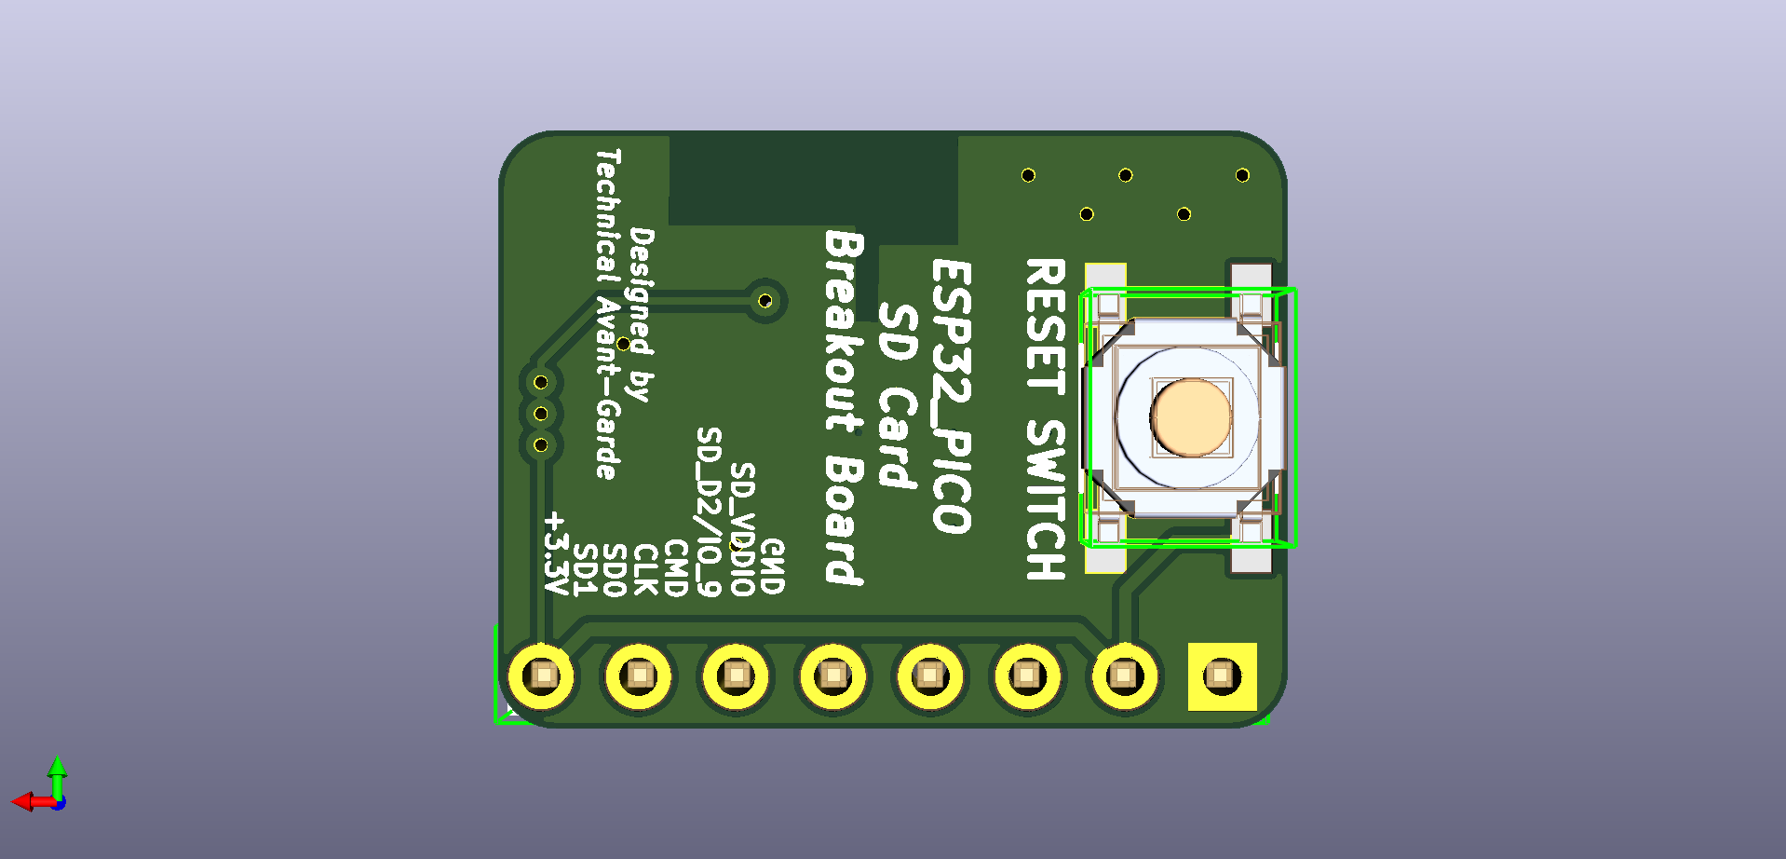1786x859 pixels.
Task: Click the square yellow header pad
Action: (1222, 675)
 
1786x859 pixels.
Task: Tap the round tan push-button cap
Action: (1191, 416)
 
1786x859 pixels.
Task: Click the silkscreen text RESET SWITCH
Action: (1045, 419)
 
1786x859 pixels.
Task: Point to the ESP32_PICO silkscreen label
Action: (952, 396)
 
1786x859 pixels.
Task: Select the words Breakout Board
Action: (845, 407)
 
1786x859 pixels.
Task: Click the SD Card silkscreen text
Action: (898, 395)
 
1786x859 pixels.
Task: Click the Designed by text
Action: (642, 314)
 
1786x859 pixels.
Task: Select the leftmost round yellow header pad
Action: (541, 675)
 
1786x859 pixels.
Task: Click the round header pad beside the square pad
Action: (1124, 675)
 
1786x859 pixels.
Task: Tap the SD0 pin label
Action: (614, 569)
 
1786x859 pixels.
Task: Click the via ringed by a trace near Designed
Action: (764, 301)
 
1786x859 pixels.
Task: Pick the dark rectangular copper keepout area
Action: (812, 180)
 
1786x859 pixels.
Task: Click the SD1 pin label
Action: (584, 569)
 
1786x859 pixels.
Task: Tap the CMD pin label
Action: (675, 567)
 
